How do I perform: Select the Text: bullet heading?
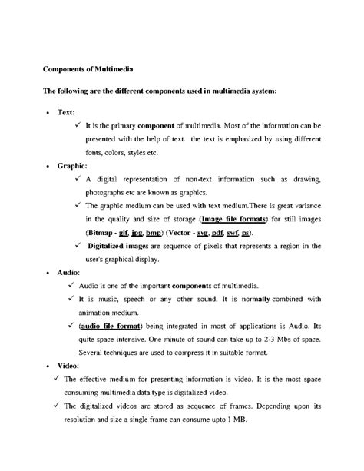(67, 112)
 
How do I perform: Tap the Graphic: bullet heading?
(72, 165)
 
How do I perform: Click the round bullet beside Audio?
(48, 273)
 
